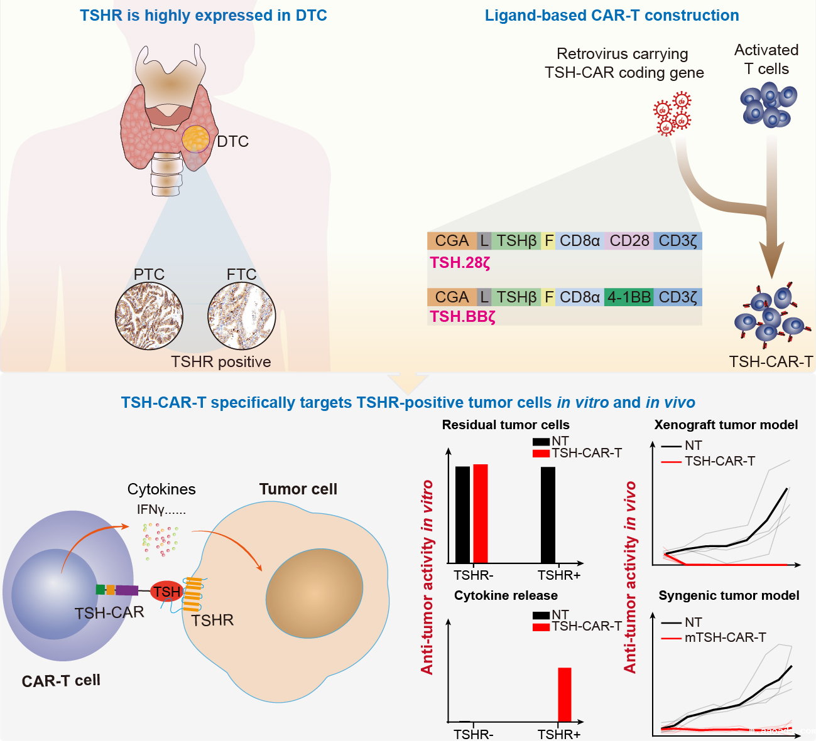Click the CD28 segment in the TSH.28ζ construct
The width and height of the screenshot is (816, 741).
tap(629, 241)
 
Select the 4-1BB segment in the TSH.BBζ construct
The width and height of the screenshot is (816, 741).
tap(629, 297)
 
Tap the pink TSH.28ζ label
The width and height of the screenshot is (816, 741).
tap(460, 263)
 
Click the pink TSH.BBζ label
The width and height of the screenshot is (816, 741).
tap(463, 317)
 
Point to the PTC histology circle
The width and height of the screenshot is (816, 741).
tap(149, 316)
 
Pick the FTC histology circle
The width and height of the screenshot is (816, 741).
tap(242, 316)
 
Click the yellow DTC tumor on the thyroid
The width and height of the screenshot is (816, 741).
tap(196, 138)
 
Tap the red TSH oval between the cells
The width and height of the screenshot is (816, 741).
tap(166, 591)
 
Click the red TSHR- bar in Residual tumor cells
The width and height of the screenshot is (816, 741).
tap(481, 513)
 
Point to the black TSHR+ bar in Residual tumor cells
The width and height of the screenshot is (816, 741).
tap(548, 514)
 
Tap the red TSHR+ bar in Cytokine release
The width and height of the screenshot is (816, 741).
tap(565, 695)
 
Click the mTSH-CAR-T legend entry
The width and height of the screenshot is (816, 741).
tap(725, 638)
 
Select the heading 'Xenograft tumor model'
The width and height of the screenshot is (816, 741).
tap(726, 425)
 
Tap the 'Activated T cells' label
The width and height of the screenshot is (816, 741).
tap(766, 59)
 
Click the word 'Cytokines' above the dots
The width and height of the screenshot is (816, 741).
tap(161, 489)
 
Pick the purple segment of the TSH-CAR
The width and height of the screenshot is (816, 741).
tap(127, 590)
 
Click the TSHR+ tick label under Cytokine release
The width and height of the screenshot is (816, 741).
tap(559, 734)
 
